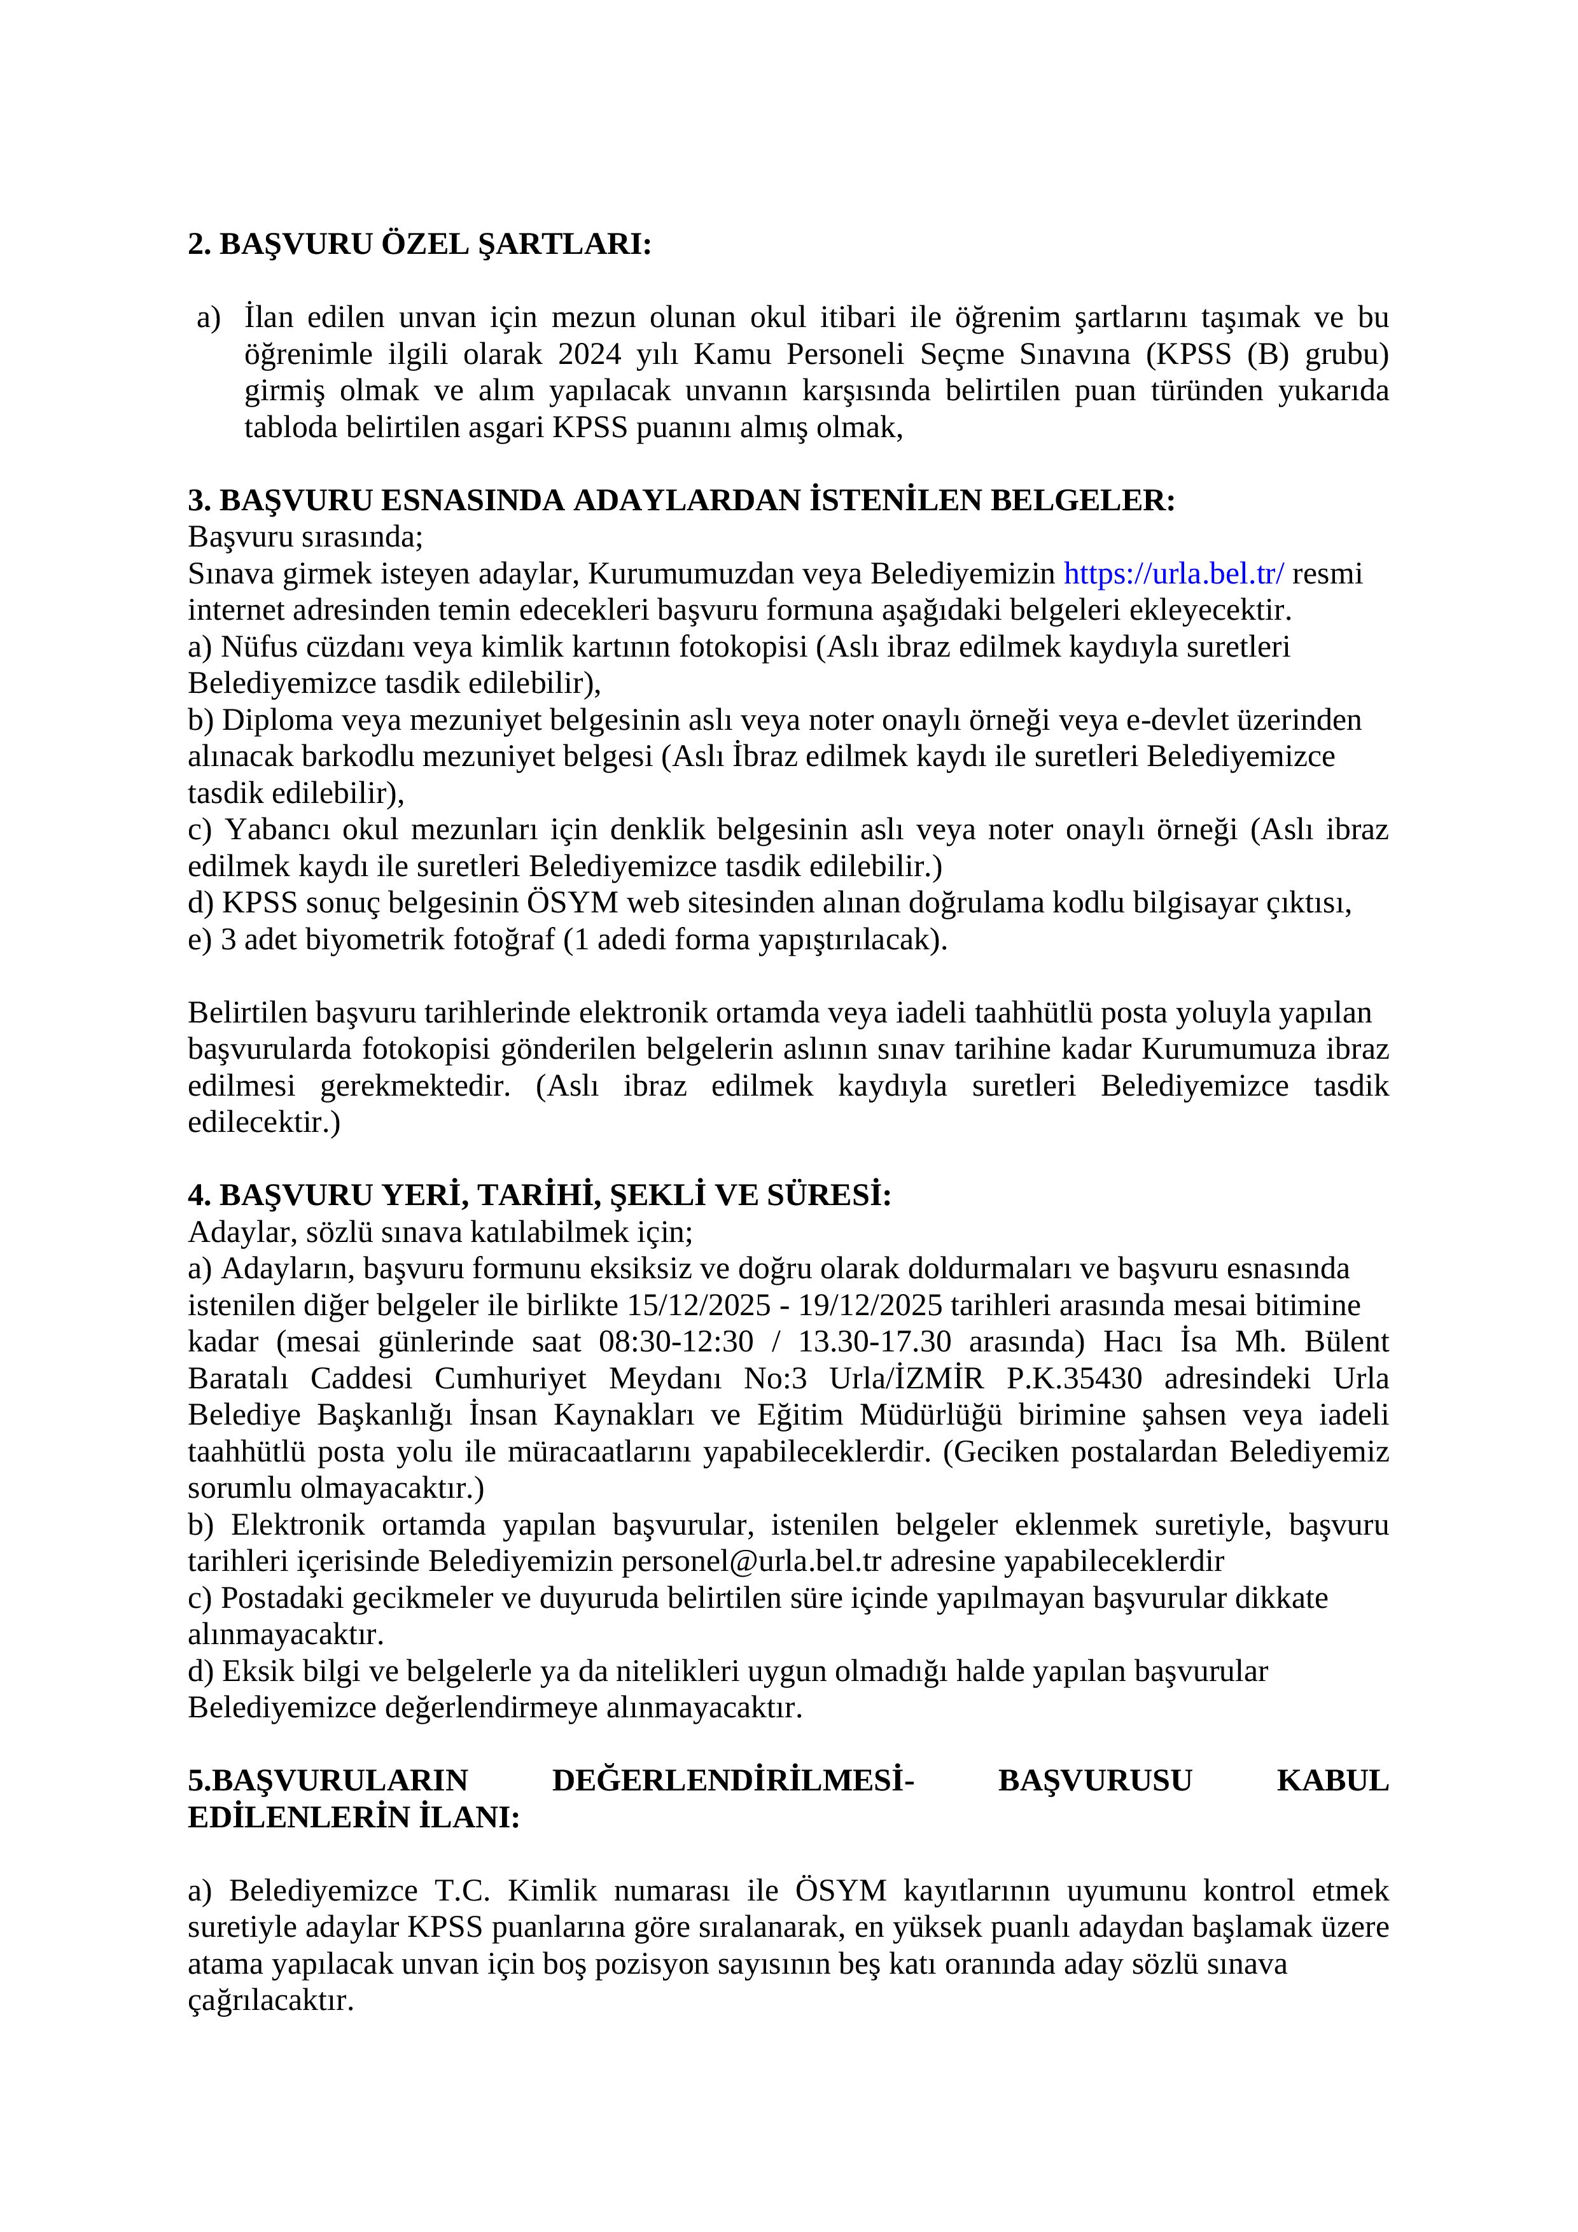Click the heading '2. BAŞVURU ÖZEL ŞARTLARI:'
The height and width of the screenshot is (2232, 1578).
[x=419, y=244]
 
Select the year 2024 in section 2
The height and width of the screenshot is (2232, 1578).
[x=589, y=354]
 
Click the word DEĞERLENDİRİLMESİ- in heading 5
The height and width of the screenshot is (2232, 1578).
[x=732, y=1781]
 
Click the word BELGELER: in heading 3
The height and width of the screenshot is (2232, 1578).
[x=1082, y=501]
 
